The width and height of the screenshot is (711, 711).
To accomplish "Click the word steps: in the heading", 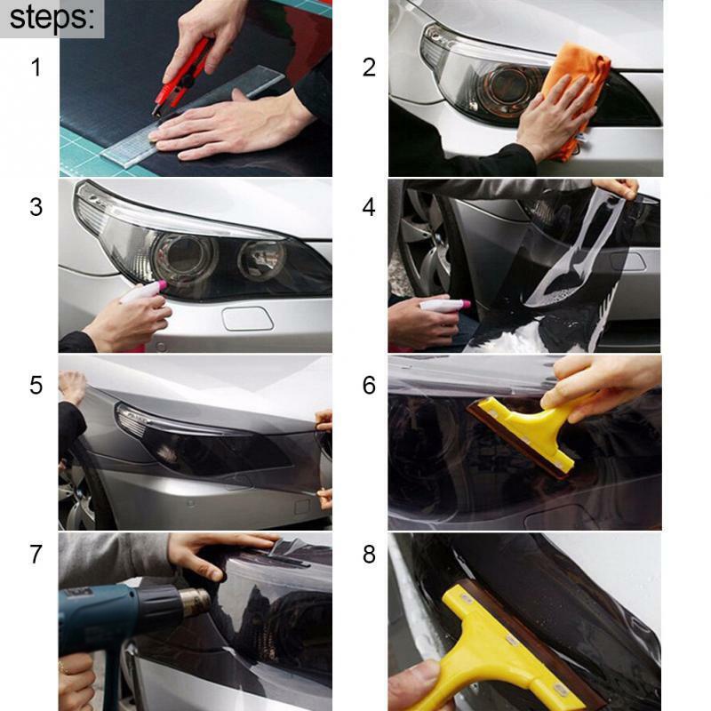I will click(52, 18).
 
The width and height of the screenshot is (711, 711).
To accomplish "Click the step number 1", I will click(36, 67).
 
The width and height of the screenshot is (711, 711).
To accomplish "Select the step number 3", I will click(36, 207).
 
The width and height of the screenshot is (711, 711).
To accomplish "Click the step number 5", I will click(36, 385).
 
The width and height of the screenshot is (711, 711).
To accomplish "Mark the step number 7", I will click(36, 554).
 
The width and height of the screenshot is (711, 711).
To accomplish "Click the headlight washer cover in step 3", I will click(247, 317).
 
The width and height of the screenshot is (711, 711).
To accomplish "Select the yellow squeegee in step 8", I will click(498, 640).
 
